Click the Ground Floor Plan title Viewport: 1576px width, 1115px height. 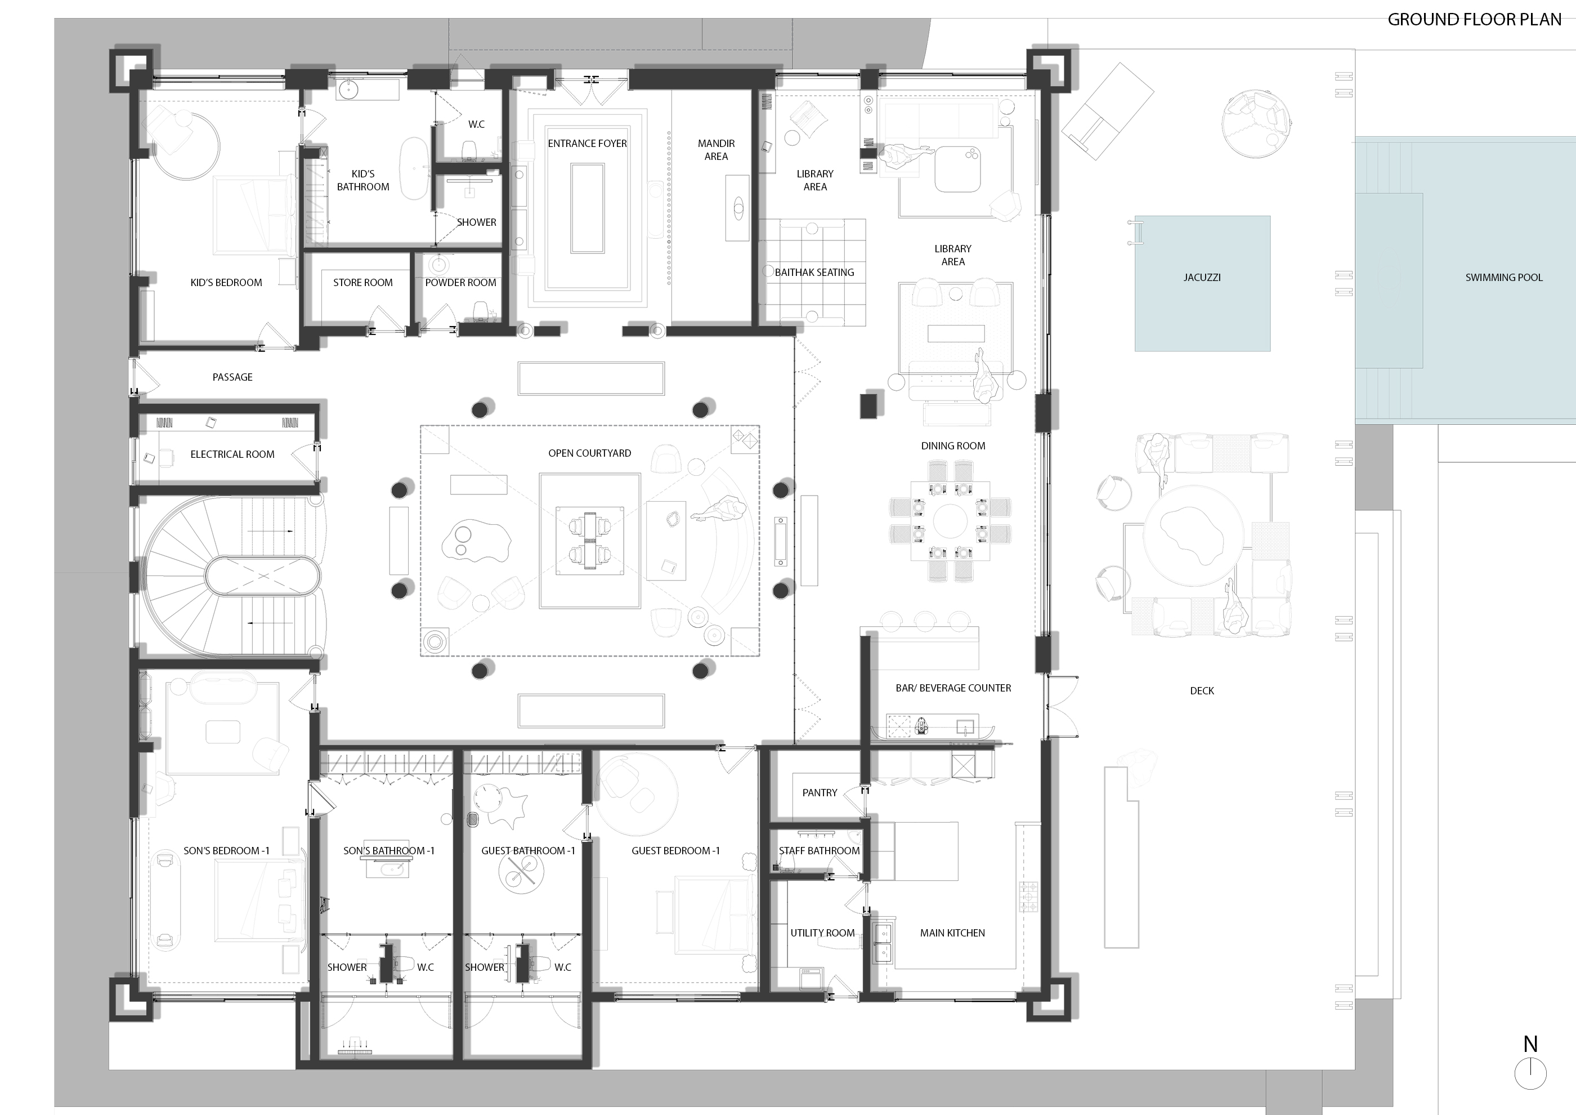(x=1475, y=19)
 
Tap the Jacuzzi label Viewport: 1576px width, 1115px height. (x=1202, y=278)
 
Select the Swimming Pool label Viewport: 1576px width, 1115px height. (x=1503, y=278)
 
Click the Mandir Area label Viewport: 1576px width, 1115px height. (x=716, y=150)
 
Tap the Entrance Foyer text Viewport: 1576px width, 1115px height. (x=587, y=144)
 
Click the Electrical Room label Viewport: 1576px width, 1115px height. (x=232, y=454)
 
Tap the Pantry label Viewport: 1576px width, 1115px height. (x=820, y=792)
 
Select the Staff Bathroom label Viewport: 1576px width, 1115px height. (x=819, y=851)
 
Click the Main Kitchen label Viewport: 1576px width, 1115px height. (x=952, y=933)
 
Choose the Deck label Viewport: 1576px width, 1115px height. (x=1201, y=691)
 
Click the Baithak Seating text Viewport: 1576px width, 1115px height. (x=814, y=272)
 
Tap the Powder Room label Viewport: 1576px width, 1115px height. (x=460, y=282)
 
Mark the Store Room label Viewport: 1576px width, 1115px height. (x=362, y=282)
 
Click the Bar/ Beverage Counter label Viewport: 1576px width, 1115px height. (x=953, y=688)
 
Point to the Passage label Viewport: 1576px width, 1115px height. (x=232, y=377)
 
